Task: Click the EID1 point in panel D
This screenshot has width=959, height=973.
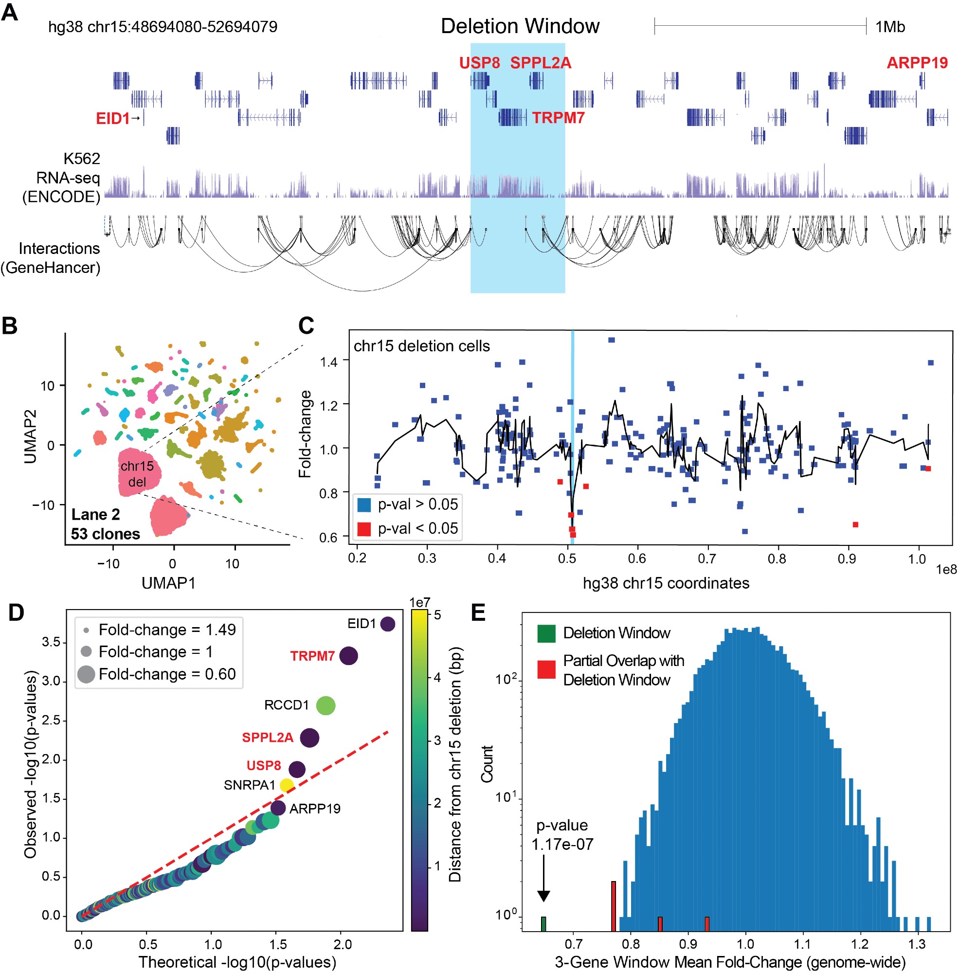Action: pyautogui.click(x=387, y=624)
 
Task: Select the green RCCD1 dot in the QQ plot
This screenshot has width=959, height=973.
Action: pyautogui.click(x=326, y=705)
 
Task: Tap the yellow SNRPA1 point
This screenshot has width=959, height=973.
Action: pyautogui.click(x=286, y=785)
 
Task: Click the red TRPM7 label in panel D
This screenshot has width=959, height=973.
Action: pyautogui.click(x=312, y=656)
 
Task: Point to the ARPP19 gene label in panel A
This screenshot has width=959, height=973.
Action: pyautogui.click(x=917, y=63)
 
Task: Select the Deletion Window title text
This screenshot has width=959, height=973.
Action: pyautogui.click(x=520, y=26)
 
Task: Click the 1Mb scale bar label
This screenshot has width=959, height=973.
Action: pyautogui.click(x=889, y=27)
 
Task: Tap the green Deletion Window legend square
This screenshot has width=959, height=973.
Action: pyautogui.click(x=546, y=633)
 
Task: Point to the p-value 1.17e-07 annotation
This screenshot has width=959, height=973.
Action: pyautogui.click(x=562, y=834)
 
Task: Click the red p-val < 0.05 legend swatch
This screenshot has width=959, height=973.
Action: pyautogui.click(x=363, y=529)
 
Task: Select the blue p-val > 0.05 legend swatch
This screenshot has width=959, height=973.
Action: pyautogui.click(x=363, y=505)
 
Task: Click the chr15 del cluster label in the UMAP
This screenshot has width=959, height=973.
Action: pyautogui.click(x=137, y=474)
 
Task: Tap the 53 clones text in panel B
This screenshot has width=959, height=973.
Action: pyautogui.click(x=105, y=534)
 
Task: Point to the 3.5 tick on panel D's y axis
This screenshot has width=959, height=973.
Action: pyautogui.click(x=51, y=642)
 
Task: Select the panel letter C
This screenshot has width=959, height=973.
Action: pyautogui.click(x=306, y=326)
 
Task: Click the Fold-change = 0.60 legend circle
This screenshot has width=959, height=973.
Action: pyautogui.click(x=86, y=674)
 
